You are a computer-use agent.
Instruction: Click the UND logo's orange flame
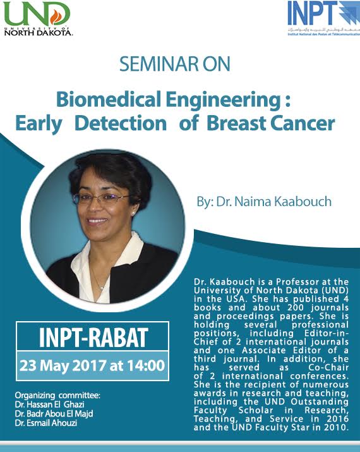point(56,16)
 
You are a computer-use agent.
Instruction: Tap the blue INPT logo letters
point(312,13)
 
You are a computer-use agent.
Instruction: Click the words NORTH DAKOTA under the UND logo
point(39,33)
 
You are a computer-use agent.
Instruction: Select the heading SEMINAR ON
point(175,64)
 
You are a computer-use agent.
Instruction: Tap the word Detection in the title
point(121,123)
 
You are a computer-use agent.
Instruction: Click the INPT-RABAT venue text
point(93,338)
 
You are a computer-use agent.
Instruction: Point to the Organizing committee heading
point(57,395)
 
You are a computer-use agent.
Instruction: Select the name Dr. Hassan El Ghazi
point(49,405)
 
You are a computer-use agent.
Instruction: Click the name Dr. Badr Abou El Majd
point(54,414)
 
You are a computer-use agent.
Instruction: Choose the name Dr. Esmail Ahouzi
point(46,423)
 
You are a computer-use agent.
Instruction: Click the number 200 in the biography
point(295,308)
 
